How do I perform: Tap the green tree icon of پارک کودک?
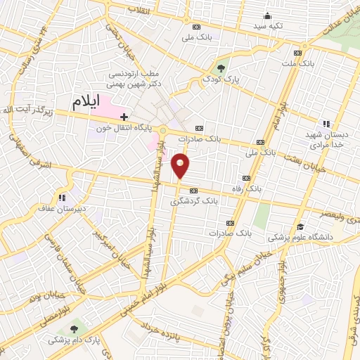click(x=222, y=68)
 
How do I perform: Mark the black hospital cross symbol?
click(x=124, y=117)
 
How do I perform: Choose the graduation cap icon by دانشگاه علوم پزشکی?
click(x=301, y=226)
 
